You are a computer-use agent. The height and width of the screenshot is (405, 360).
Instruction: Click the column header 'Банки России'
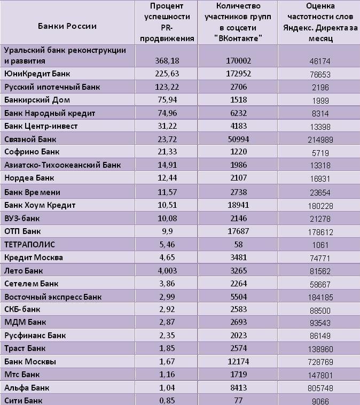click(67, 26)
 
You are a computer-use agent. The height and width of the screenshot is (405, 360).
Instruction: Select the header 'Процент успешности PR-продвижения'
click(166, 22)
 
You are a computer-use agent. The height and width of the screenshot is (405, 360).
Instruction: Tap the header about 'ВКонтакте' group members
click(238, 22)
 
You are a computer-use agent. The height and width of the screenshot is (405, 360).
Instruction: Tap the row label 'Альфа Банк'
click(28, 388)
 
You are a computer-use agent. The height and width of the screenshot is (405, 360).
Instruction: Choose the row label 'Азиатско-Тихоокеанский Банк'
click(62, 165)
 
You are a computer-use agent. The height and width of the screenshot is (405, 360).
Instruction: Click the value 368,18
click(167, 61)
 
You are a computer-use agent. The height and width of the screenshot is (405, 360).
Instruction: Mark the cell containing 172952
click(238, 74)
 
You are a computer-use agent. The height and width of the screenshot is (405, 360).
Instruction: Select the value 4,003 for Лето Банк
click(167, 271)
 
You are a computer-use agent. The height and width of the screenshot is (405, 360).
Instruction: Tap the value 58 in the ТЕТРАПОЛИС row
click(238, 245)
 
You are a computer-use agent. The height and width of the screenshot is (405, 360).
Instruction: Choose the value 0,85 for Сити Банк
click(167, 401)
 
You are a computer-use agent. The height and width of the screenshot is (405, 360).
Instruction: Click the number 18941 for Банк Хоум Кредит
click(238, 205)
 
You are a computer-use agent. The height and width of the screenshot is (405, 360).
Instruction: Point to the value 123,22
click(167, 87)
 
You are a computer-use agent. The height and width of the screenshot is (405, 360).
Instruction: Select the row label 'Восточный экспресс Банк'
click(52, 297)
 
